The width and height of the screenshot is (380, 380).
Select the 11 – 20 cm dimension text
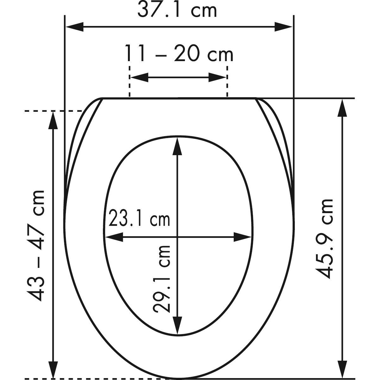tap(179, 53)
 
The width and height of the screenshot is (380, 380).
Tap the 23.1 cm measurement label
tap(139, 218)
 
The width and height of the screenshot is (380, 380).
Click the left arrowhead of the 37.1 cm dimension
tap(75, 27)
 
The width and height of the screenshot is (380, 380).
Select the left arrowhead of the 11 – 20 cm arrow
tap(139, 77)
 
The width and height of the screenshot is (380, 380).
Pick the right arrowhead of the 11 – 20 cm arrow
tap(217, 77)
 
